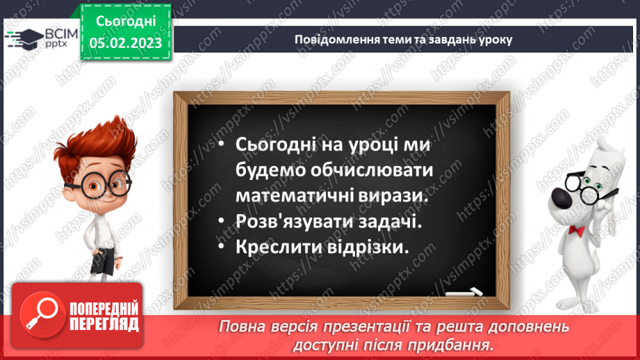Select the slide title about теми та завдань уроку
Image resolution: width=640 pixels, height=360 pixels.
[x=403, y=40]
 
